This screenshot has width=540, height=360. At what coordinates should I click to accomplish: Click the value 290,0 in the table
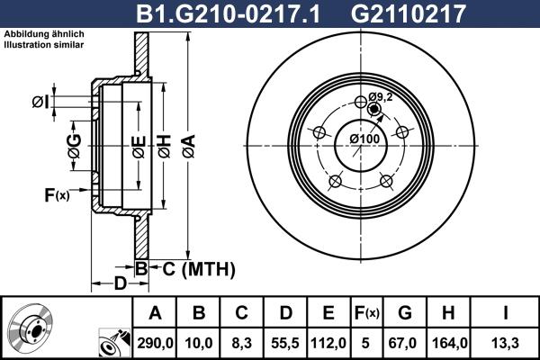155,341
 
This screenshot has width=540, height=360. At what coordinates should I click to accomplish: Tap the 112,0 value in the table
328,341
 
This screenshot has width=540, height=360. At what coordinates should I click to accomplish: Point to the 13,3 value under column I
505,341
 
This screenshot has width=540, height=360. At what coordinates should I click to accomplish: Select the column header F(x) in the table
365,313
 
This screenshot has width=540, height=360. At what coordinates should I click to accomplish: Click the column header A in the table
155,313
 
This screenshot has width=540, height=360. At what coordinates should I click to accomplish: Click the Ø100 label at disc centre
363,139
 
